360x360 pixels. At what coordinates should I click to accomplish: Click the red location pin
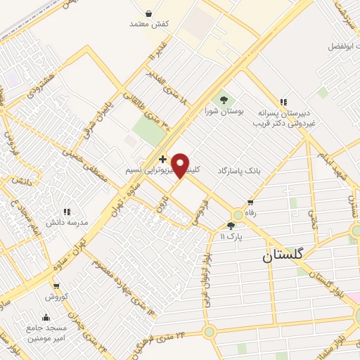pyautogui.click(x=181, y=165)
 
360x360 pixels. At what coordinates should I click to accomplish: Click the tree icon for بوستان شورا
pyautogui.click(x=224, y=100)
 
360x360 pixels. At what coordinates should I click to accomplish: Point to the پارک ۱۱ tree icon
pyautogui.click(x=231, y=225)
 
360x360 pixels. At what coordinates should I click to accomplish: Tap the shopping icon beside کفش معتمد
pyautogui.click(x=149, y=12)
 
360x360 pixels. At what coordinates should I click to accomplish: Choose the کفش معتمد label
pyautogui.click(x=150, y=24)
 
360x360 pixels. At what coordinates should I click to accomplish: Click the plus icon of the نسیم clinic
pyautogui.click(x=163, y=160)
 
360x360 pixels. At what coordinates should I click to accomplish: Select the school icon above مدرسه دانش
pyautogui.click(x=67, y=211)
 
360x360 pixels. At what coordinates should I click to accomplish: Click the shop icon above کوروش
pyautogui.click(x=56, y=286)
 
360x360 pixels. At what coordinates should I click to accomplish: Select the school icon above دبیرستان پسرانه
pyautogui.click(x=284, y=103)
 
